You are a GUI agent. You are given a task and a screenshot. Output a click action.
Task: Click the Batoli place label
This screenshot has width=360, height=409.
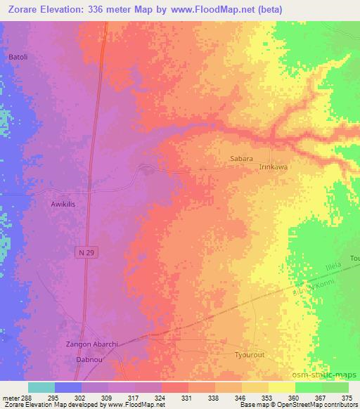coord(18,56)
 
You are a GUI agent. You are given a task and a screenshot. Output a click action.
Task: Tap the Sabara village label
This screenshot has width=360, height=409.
coord(241,159)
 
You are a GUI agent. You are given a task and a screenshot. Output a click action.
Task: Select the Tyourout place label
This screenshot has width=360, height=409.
coord(250,356)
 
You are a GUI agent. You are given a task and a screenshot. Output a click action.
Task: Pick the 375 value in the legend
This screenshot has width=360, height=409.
coord(349,397)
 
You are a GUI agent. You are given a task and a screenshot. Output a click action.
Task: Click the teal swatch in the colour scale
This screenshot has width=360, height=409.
coord(41,387)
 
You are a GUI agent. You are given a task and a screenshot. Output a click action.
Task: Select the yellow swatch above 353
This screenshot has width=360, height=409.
coord(255,387)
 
